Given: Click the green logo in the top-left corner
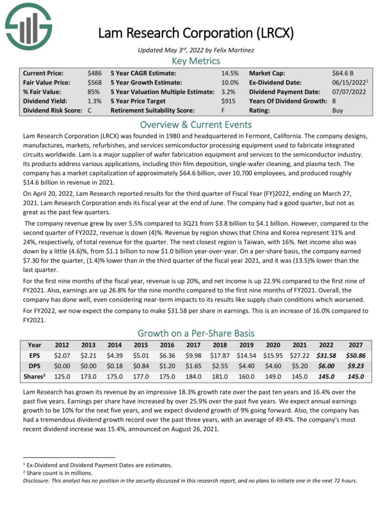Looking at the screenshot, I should tap(28, 27).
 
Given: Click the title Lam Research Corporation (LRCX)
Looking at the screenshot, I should tap(196, 33).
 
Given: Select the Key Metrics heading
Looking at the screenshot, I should tap(196, 61).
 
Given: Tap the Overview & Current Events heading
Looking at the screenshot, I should tap(196, 125).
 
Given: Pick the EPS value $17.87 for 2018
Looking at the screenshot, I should tap(220, 356).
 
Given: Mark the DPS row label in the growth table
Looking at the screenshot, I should tap(34, 366).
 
